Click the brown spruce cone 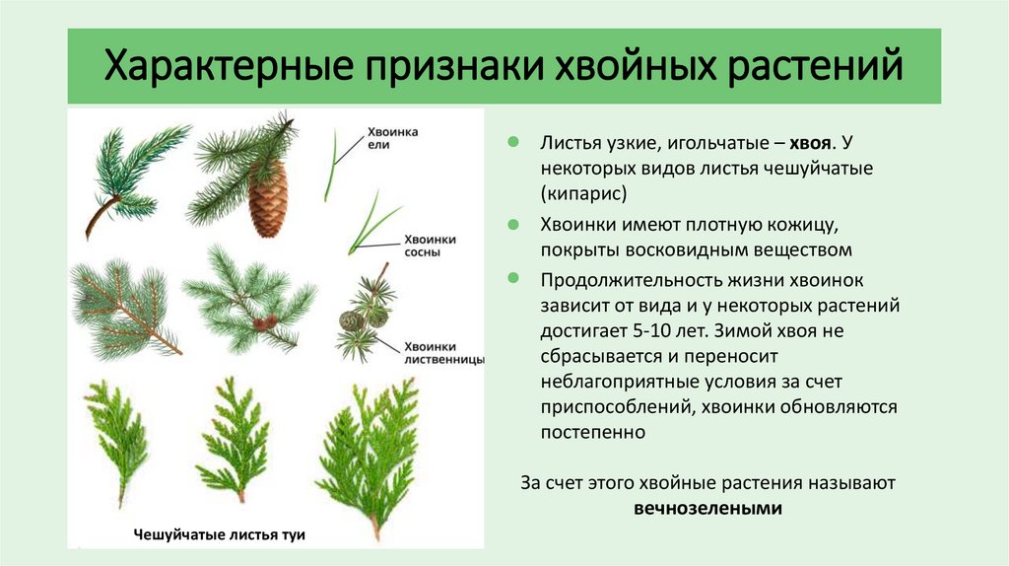pyautogui.click(x=267, y=200)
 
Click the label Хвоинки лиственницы pyautogui.click(x=443, y=353)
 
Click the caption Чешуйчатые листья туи pyautogui.click(x=219, y=533)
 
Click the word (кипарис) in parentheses pyautogui.click(x=583, y=193)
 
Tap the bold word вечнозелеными pyautogui.click(x=707, y=509)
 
